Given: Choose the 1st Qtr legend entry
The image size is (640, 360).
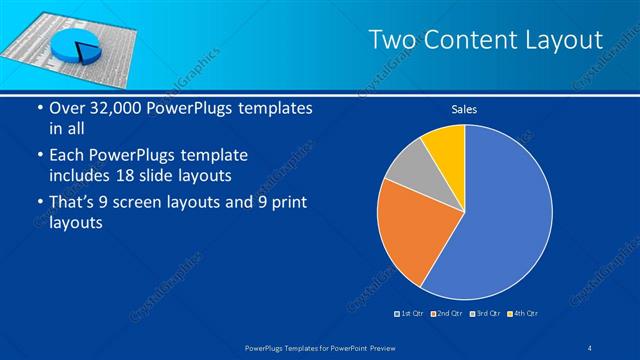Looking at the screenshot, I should click(x=411, y=314).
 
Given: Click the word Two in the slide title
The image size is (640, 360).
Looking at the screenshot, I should click(x=390, y=40).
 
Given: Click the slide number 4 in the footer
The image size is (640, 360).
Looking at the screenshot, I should click(x=590, y=346).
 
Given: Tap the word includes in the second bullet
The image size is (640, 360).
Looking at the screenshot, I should click(x=84, y=176).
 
